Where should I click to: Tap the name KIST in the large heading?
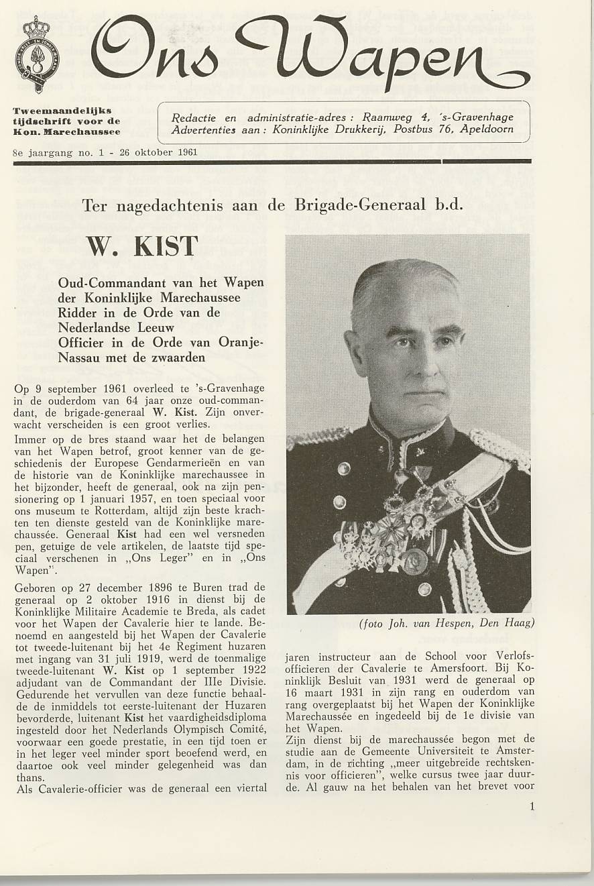tap(166, 247)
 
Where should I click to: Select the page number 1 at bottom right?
tap(532, 807)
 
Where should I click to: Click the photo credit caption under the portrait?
tap(447, 623)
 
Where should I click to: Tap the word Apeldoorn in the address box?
tap(487, 129)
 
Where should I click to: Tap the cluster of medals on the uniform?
tap(389, 530)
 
